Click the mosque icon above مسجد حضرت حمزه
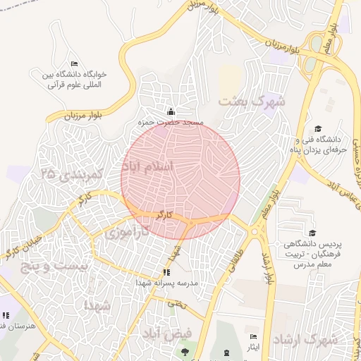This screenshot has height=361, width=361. point(171,111)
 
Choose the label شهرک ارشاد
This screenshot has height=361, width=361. point(305,339)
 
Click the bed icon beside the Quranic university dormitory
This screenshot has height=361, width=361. point(75,65)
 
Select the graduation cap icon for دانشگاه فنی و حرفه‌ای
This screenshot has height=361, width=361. point(318,128)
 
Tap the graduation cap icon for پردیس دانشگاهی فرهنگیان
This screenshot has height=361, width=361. point(312,233)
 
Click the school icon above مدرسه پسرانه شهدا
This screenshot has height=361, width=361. point(166,272)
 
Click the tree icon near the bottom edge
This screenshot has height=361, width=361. point(185,350)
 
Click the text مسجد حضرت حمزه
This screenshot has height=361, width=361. point(172,123)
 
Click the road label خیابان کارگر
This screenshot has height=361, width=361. point(25,246)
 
